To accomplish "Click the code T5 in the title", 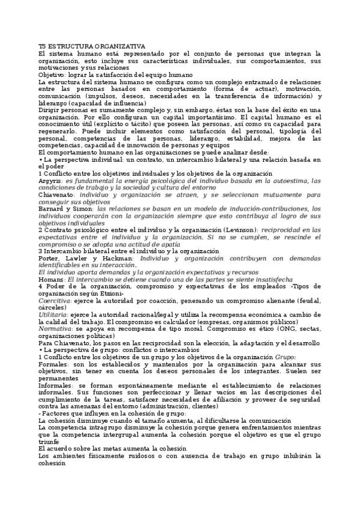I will pyautogui.click(x=41, y=46).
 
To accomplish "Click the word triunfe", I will pyautogui.click(x=50, y=440).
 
